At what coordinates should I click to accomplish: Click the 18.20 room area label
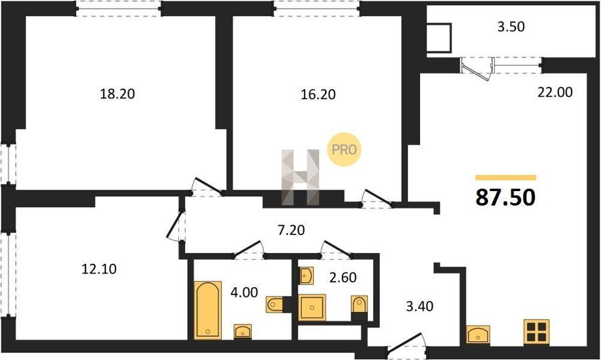click(x=118, y=94)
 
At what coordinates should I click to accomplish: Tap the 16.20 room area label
click(x=318, y=94)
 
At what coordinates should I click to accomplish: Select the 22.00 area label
click(x=555, y=92)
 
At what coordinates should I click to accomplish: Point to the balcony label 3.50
click(x=511, y=27)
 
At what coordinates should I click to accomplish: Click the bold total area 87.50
click(x=506, y=198)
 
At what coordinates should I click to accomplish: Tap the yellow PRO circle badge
click(x=344, y=150)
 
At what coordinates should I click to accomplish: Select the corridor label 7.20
click(x=291, y=230)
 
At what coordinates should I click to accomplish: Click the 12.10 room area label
click(x=99, y=269)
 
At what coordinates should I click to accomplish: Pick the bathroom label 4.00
click(x=244, y=293)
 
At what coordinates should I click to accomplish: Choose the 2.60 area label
click(x=343, y=277)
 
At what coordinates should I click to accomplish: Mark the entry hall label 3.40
click(x=419, y=307)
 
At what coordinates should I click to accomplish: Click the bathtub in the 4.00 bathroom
click(x=208, y=310)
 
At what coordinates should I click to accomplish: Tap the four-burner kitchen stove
click(x=536, y=332)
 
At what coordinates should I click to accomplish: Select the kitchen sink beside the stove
click(x=478, y=335)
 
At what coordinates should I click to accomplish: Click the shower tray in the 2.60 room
click(x=312, y=307)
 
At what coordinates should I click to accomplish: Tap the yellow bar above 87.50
click(x=506, y=177)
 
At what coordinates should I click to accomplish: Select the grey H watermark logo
click(x=300, y=177)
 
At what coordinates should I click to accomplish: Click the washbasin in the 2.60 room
click(x=307, y=276)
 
